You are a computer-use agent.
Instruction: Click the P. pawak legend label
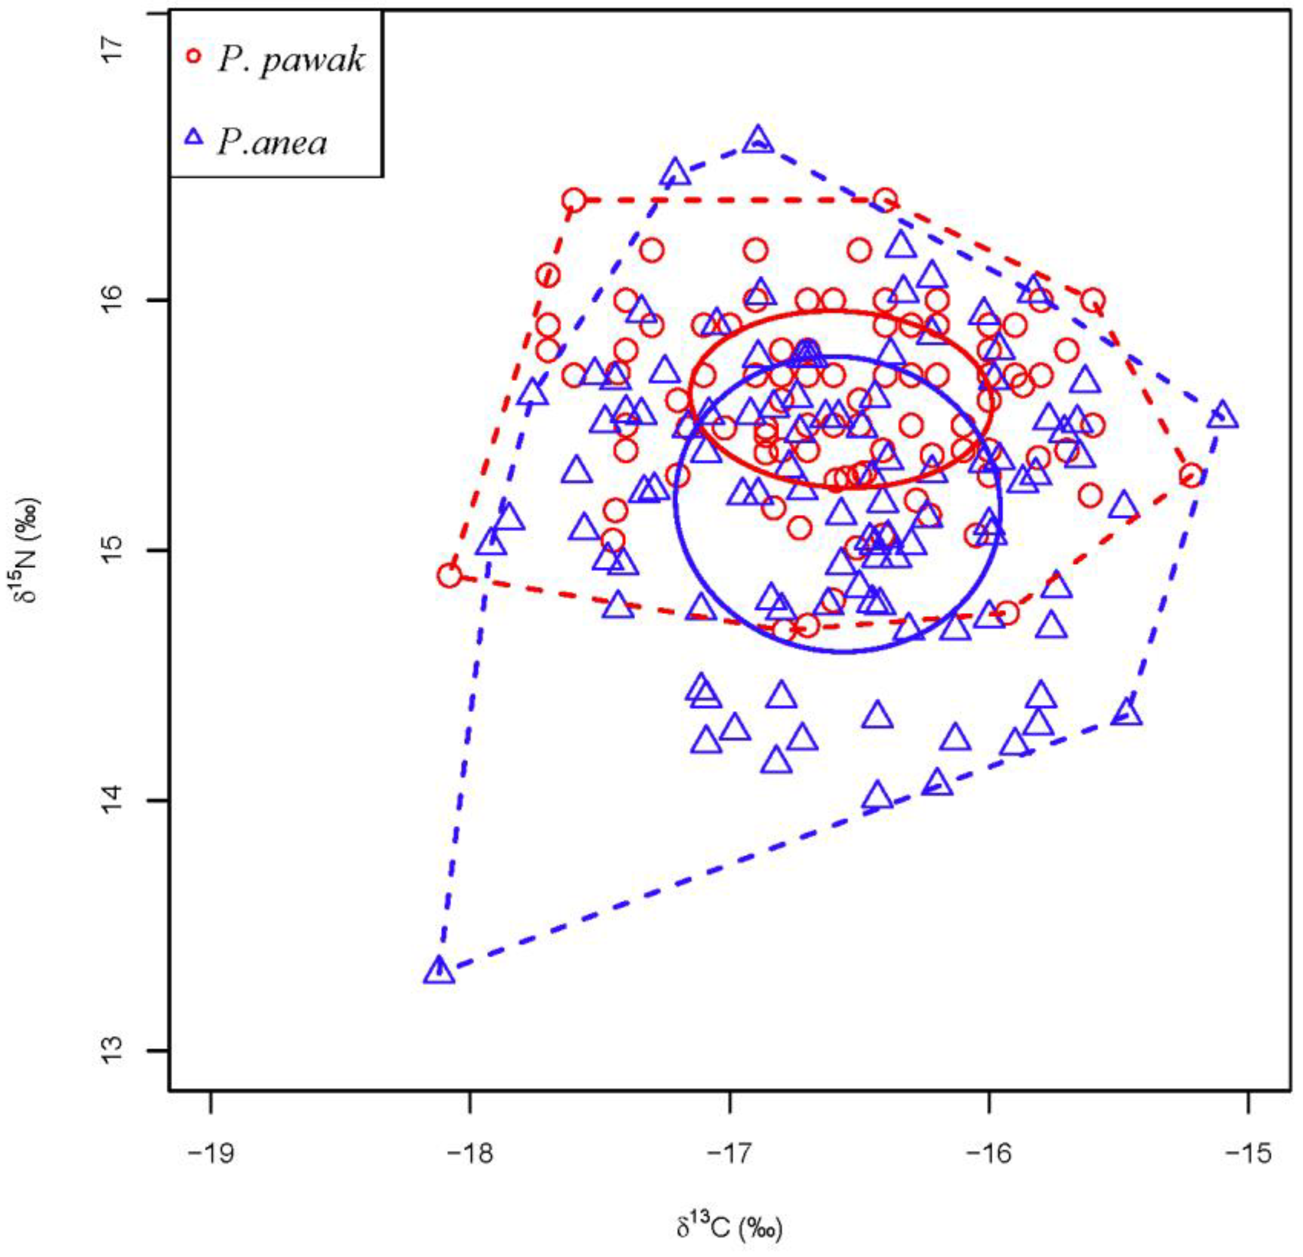click(x=291, y=60)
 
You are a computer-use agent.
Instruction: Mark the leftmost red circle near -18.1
click(x=450, y=575)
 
